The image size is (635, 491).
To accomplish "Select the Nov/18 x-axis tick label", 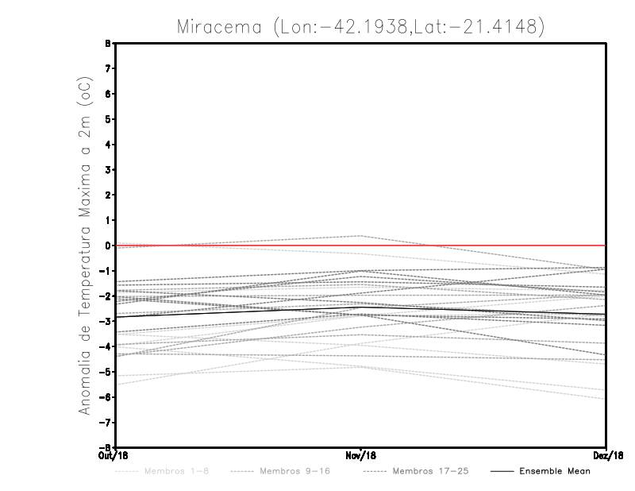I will click(x=361, y=456).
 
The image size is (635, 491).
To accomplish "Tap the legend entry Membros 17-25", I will click(x=431, y=471).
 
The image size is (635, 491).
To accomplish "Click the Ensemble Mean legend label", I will click(x=555, y=471).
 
